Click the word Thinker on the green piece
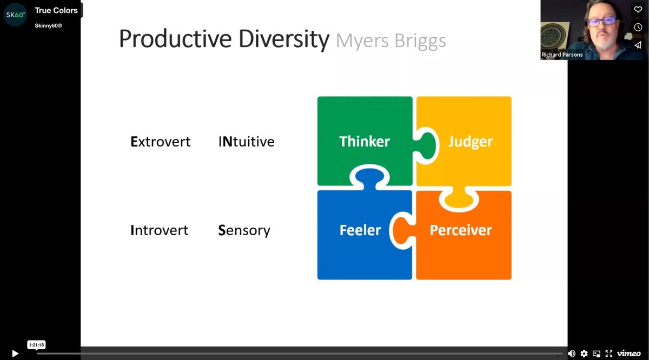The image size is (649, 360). tap(365, 141)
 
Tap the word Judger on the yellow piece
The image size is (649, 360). tap(470, 142)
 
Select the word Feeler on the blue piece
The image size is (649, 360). tap(360, 230)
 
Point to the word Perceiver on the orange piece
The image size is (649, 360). tap(461, 230)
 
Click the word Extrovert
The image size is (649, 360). tap(161, 142)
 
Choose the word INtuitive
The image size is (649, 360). tap(246, 142)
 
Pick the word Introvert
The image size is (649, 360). tap(160, 230)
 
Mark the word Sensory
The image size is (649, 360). tap(244, 231)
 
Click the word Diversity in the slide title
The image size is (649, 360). tap(283, 39)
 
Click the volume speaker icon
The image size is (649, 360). tap(571, 354)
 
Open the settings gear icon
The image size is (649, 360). tap(584, 354)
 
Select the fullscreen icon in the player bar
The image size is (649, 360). tap(609, 354)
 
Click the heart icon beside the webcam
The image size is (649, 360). tap(638, 10)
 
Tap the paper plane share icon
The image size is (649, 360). tap(638, 45)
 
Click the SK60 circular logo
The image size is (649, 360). tap(15, 15)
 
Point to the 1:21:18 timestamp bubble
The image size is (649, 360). tap(36, 345)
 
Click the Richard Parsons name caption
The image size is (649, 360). tap(562, 55)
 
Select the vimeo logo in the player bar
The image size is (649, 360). tap(628, 354)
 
